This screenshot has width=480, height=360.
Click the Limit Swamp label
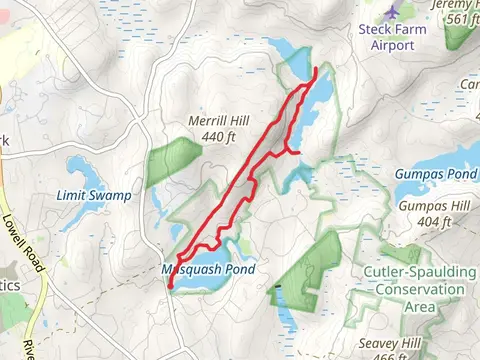click(x=94, y=195)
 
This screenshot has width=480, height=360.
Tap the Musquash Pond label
click(x=209, y=269)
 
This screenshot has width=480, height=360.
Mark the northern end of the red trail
click(x=316, y=69)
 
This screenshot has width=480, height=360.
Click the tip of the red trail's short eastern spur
click(x=299, y=152)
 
